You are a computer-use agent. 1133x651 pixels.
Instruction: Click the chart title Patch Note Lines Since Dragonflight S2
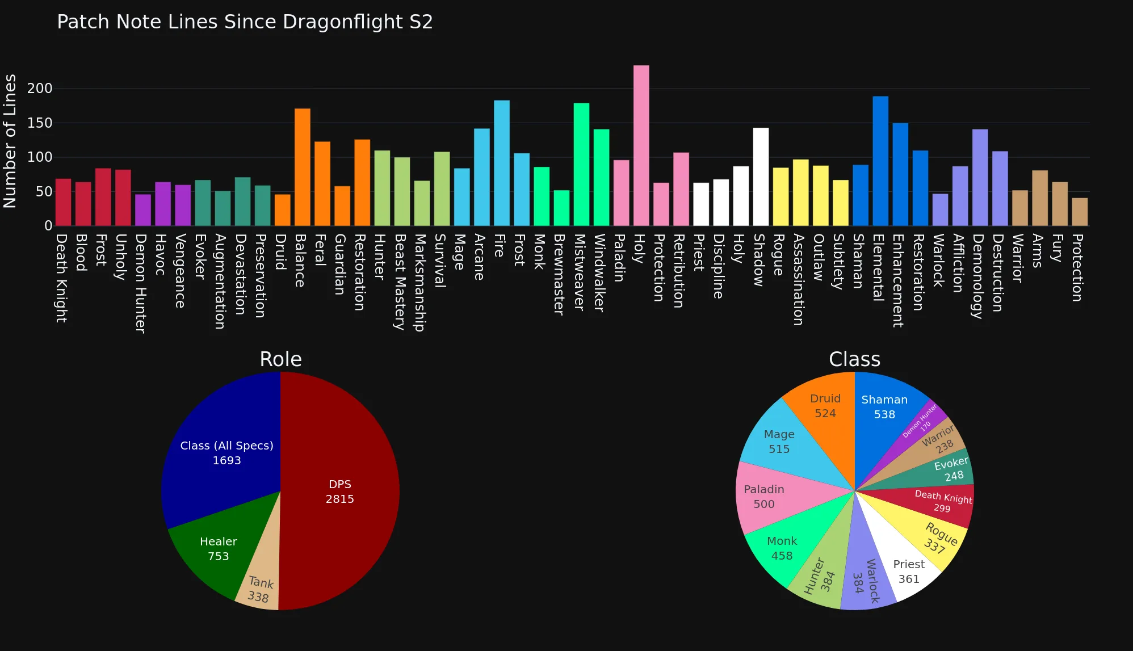[x=245, y=22]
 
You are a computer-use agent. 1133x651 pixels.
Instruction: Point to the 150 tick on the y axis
[x=40, y=123]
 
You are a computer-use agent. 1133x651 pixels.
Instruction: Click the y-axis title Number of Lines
[x=10, y=141]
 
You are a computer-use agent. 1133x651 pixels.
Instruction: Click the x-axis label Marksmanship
[x=419, y=282]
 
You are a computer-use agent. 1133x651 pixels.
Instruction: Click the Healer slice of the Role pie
[x=218, y=548]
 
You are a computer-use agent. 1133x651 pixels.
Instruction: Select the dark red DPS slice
[x=339, y=492]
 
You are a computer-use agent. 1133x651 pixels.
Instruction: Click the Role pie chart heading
[x=280, y=359]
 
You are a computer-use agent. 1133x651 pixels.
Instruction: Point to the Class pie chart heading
[x=854, y=359]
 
